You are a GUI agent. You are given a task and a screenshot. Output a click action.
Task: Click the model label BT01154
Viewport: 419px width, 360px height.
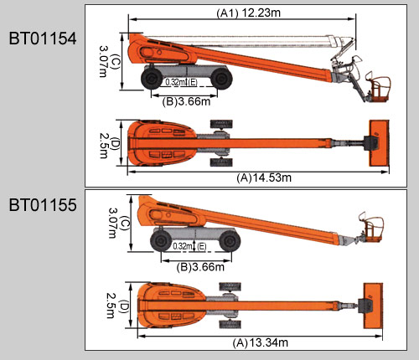tap(43, 39)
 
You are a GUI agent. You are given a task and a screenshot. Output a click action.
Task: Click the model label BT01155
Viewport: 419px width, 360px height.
tap(43, 205)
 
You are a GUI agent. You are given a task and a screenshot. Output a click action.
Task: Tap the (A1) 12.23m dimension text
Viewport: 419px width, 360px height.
tap(248, 13)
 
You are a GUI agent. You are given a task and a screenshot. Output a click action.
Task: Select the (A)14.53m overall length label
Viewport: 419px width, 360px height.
tap(264, 177)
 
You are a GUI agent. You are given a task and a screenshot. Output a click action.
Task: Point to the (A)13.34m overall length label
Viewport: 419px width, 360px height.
tap(260, 342)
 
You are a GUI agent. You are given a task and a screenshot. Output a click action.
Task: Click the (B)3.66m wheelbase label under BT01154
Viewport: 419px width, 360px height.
tap(186, 101)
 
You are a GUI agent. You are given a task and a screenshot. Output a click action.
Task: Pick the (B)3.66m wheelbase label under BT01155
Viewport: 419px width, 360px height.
tap(200, 267)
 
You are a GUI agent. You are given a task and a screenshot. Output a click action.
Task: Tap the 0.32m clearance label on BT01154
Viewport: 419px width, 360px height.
tap(175, 82)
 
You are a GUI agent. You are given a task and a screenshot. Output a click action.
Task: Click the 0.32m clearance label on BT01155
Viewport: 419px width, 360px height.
tap(183, 246)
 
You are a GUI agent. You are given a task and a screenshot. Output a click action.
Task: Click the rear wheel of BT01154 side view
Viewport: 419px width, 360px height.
tap(152, 79)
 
